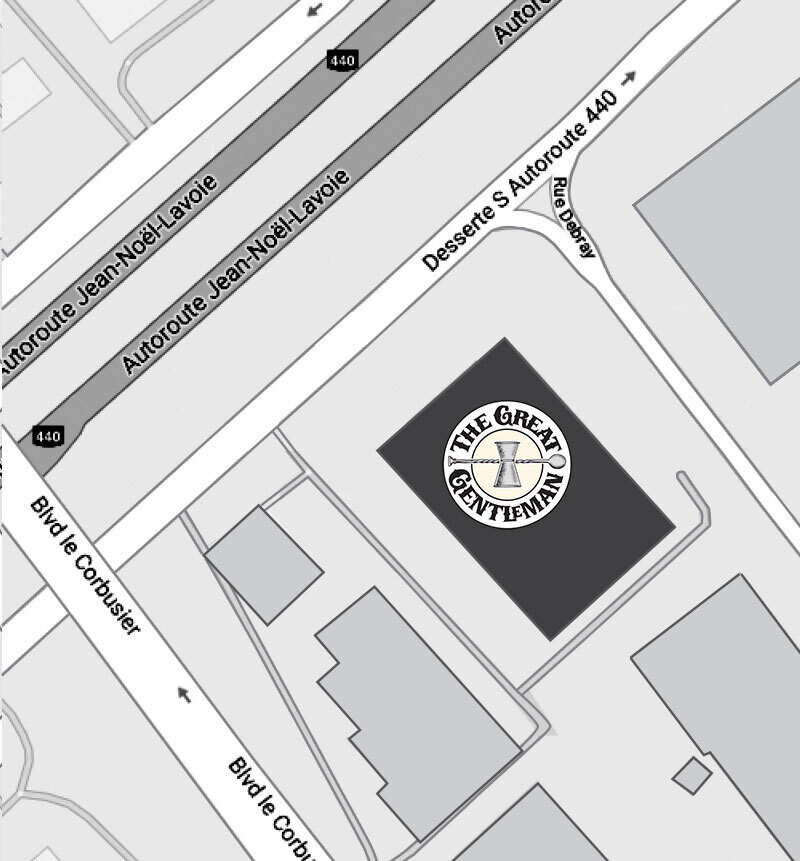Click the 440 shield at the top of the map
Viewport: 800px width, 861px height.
tap(342, 61)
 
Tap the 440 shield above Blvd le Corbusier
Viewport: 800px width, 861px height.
tap(47, 436)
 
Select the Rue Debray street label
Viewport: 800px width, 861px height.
tap(574, 218)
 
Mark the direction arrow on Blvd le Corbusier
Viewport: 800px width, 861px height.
tap(183, 694)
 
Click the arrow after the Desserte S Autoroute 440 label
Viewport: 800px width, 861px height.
tap(629, 77)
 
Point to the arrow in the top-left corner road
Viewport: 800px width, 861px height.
tap(316, 10)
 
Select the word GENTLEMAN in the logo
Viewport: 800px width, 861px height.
tap(513, 502)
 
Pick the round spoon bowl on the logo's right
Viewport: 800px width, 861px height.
tap(557, 462)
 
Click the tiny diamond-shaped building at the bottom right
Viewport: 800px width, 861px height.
tap(691, 774)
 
